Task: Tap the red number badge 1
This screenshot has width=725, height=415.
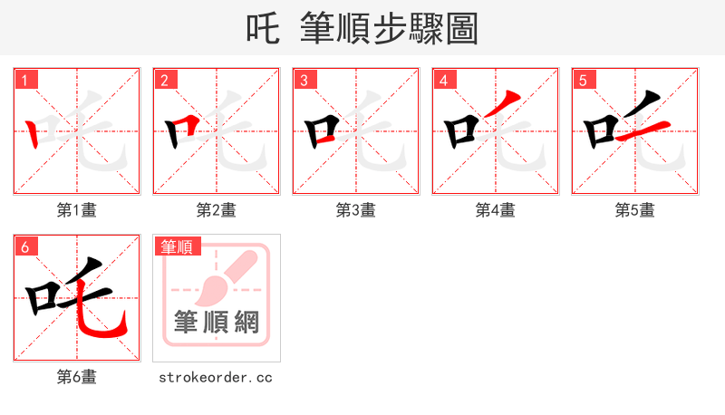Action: [x=24, y=80]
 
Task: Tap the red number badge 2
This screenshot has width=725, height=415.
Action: [x=164, y=80]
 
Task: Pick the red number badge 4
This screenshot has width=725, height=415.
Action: [x=443, y=80]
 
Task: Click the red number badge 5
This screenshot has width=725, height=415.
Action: [x=583, y=80]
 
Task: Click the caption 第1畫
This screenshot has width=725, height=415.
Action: [x=77, y=210]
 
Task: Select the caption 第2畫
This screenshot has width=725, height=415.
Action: [x=217, y=210]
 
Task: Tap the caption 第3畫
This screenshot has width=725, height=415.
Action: [x=356, y=210]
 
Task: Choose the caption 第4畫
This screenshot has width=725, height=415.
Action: [x=496, y=210]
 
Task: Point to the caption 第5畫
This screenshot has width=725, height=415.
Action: [x=635, y=210]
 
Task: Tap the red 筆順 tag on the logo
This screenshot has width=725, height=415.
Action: [x=178, y=246]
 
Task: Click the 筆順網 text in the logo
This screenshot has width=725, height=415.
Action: [x=217, y=322]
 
